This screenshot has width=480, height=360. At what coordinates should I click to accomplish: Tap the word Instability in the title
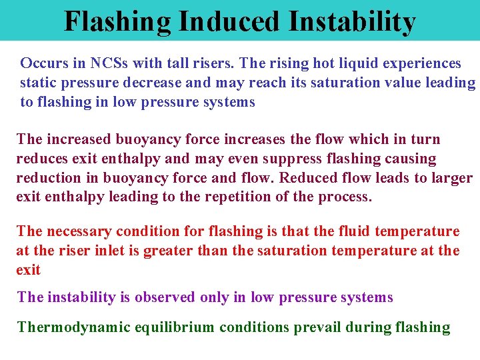point(352,21)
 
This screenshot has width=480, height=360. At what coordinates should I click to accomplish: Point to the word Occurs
point(42,63)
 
